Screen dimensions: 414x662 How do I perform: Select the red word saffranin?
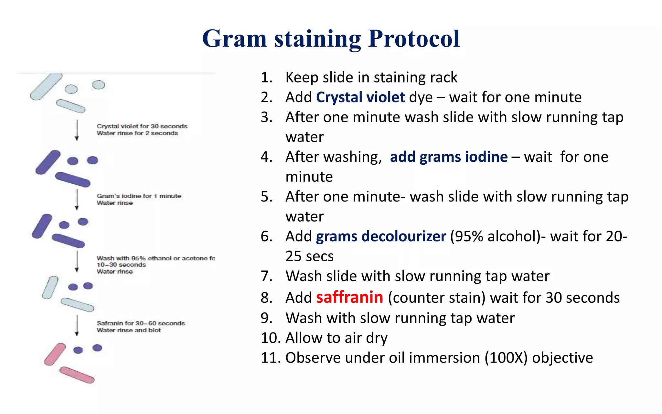(349, 297)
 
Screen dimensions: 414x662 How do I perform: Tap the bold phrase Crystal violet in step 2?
(360, 97)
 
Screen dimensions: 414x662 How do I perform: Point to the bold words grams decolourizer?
(381, 236)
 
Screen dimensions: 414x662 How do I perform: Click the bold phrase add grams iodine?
(449, 157)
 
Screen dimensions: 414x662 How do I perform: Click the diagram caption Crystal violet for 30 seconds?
(142, 126)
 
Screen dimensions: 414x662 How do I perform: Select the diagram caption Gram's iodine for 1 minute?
(139, 196)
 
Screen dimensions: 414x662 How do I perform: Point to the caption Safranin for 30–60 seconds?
(141, 323)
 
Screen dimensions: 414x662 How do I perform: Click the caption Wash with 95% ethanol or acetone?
(156, 258)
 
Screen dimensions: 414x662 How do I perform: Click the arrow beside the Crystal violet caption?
(77, 130)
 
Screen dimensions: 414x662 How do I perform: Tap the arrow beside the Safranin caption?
(77, 326)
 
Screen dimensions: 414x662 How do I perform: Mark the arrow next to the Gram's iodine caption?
(77, 200)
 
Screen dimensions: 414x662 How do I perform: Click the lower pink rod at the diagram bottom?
(77, 375)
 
